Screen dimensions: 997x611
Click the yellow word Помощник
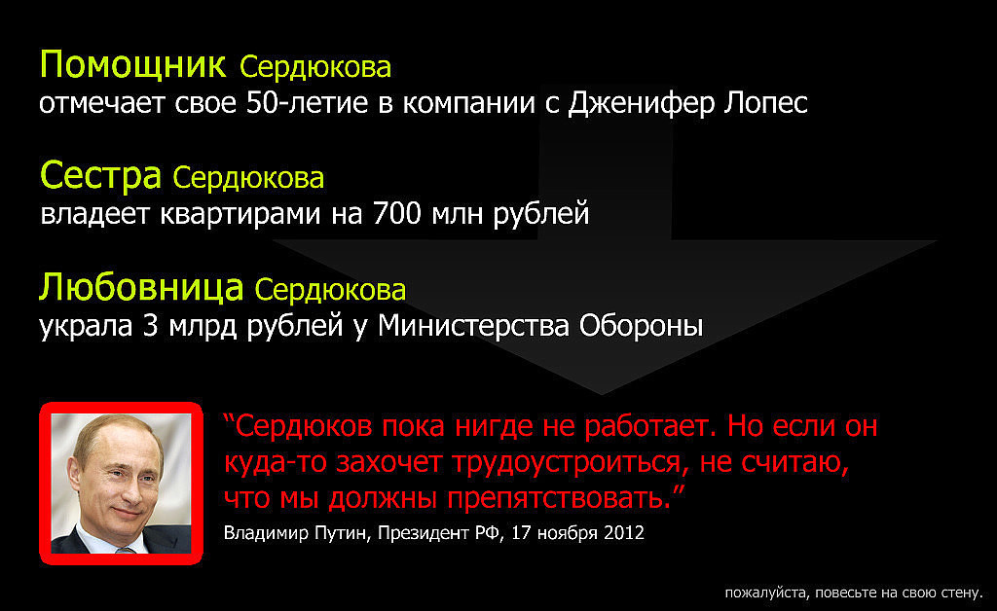point(132,65)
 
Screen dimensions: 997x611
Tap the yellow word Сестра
point(100,175)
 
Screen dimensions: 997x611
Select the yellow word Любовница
point(141,288)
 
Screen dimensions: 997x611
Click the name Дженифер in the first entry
point(642,103)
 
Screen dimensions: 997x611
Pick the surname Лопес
point(766,103)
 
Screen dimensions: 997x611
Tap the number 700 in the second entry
point(397,213)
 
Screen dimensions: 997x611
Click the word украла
point(86,327)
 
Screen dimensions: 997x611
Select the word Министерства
point(474,327)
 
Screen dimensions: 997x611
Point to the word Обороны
point(641,327)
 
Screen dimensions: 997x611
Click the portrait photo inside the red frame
point(121,484)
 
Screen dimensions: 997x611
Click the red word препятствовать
point(559,498)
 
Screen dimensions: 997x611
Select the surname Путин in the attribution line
point(342,533)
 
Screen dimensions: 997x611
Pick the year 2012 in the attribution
point(624,532)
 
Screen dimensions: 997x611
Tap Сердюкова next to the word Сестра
point(248,178)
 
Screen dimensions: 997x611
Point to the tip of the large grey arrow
point(603,394)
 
